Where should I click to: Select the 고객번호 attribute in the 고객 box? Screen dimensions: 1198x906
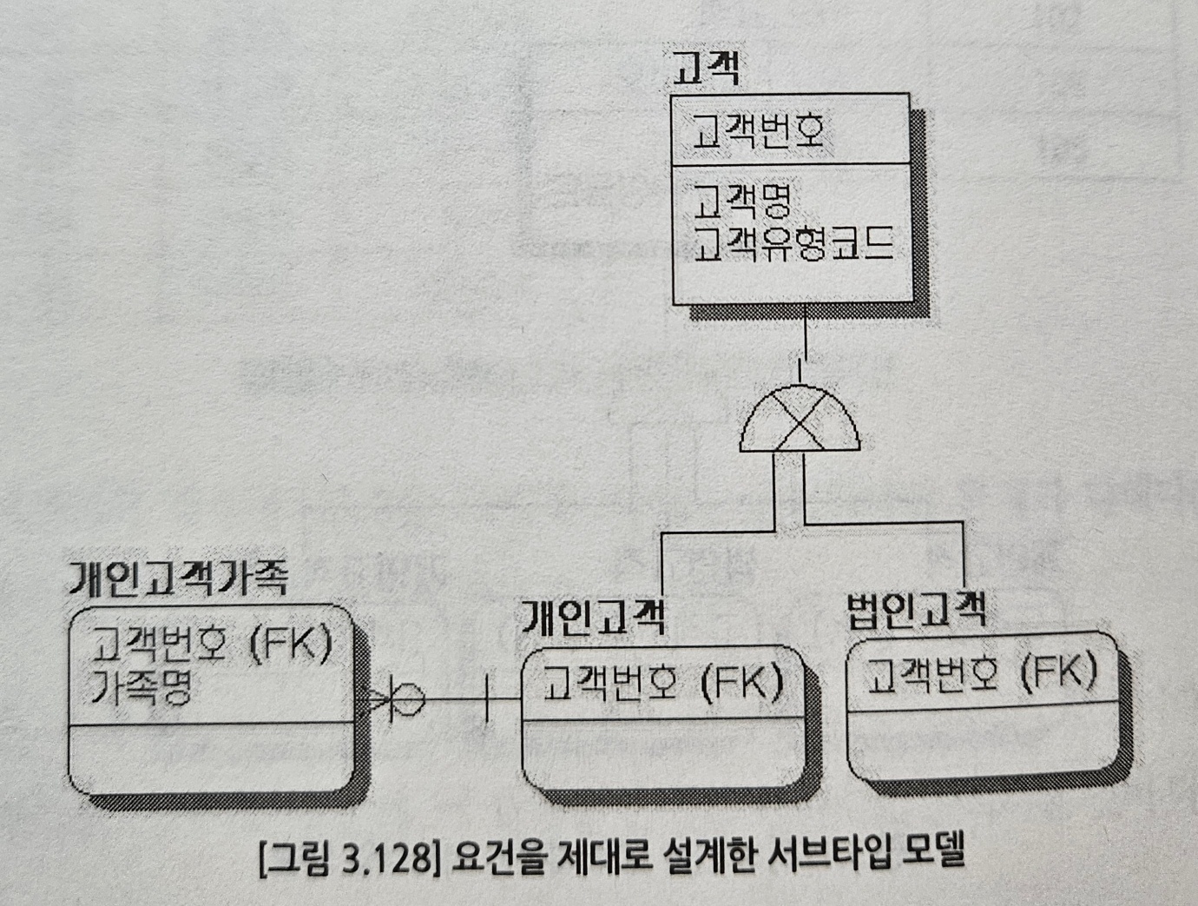pos(758,131)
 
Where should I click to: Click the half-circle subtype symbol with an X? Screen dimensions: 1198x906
pos(800,421)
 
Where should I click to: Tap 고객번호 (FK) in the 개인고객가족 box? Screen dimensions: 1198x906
pos(210,645)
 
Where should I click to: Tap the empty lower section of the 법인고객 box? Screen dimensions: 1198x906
pos(981,748)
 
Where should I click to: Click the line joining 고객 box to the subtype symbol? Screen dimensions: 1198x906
pos(806,343)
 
